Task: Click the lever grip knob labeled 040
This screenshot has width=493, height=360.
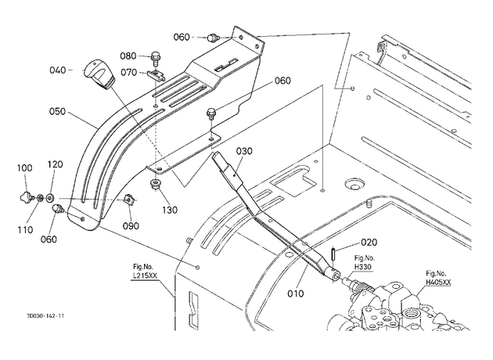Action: pyautogui.click(x=98, y=74)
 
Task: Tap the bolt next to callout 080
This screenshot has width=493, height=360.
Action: pyautogui.click(x=156, y=59)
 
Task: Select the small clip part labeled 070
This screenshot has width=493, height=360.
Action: pyautogui.click(x=156, y=75)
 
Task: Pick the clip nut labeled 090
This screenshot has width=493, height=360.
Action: pyautogui.click(x=129, y=200)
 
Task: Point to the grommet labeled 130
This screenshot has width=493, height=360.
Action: pyautogui.click(x=155, y=184)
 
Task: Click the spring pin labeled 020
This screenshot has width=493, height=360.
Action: pyautogui.click(x=333, y=254)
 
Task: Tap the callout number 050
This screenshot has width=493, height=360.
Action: pyautogui.click(x=58, y=112)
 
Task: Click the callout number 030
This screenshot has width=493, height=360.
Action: pyautogui.click(x=244, y=151)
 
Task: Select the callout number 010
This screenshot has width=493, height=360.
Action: pyautogui.click(x=296, y=293)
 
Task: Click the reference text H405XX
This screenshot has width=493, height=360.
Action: pyautogui.click(x=438, y=283)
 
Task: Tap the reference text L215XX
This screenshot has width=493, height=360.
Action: pyautogui.click(x=144, y=276)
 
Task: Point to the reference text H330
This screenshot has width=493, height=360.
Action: pyautogui.click(x=363, y=267)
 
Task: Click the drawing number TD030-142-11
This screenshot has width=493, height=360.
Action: pyautogui.click(x=45, y=316)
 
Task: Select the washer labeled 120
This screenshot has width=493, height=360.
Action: pyautogui.click(x=50, y=198)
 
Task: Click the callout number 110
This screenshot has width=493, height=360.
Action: pyautogui.click(x=25, y=230)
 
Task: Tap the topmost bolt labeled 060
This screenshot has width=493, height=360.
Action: pyautogui.click(x=212, y=38)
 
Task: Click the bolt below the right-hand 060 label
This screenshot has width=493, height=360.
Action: pyautogui.click(x=211, y=113)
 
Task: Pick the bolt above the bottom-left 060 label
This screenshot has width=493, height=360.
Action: pyautogui.click(x=58, y=208)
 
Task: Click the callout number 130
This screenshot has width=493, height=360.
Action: pyautogui.click(x=170, y=210)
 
